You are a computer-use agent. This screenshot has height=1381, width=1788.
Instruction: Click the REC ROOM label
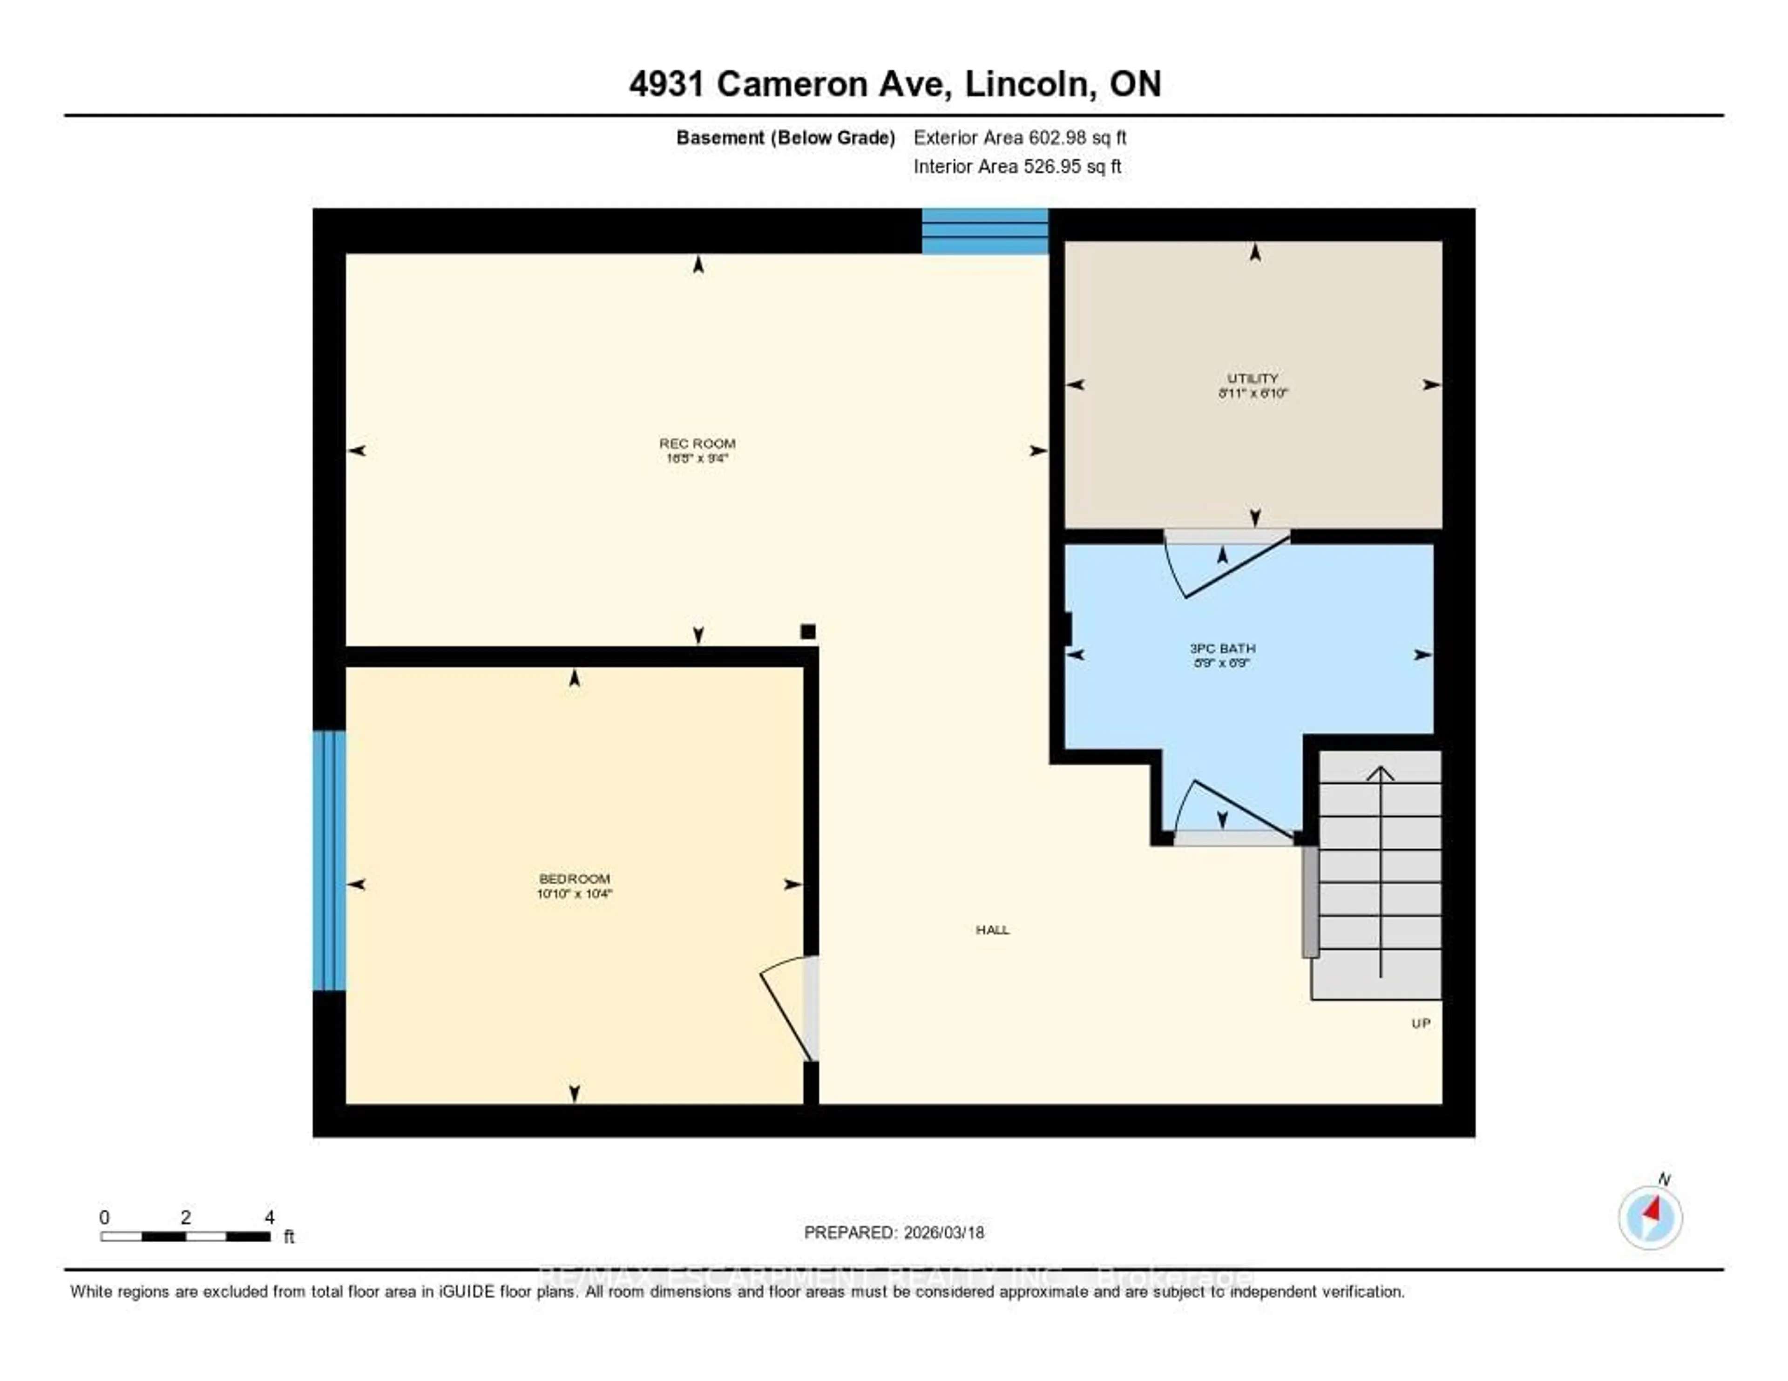[x=697, y=444]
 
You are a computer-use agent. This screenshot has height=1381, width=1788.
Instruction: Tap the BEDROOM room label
[x=574, y=878]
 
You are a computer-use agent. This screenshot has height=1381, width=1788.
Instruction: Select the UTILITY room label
[x=1252, y=378]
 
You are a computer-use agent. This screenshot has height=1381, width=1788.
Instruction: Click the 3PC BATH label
[x=1222, y=648]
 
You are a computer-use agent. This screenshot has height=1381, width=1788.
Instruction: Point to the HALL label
[x=992, y=930]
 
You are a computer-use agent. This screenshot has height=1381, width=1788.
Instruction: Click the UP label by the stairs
[x=1421, y=1023]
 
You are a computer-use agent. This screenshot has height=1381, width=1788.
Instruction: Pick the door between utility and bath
[x=1226, y=563]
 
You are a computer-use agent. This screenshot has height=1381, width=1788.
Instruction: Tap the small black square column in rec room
[x=808, y=631]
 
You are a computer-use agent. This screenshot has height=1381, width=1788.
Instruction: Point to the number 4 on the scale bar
[x=269, y=1217]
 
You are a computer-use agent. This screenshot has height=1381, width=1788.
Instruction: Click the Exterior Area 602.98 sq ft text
[x=1019, y=137]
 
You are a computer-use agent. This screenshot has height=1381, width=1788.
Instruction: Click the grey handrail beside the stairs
[x=1310, y=900]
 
